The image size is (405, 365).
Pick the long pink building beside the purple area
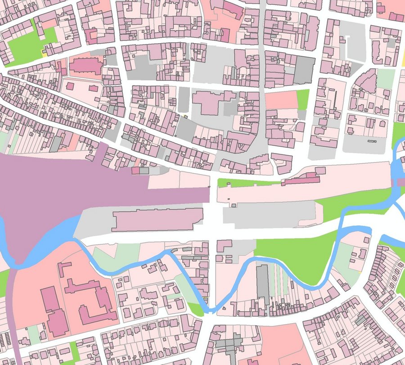pyautogui.click(x=157, y=220)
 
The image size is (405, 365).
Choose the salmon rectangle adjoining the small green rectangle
pyautogui.click(x=281, y=100)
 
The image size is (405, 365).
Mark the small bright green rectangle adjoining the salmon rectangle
pyautogui.click(x=303, y=99)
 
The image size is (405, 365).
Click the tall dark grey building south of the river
pyautogui.click(x=262, y=281)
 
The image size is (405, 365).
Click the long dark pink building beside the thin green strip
pyautogui.click(x=299, y=180)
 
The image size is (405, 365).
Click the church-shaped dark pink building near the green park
pyautogui.click(x=85, y=66)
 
